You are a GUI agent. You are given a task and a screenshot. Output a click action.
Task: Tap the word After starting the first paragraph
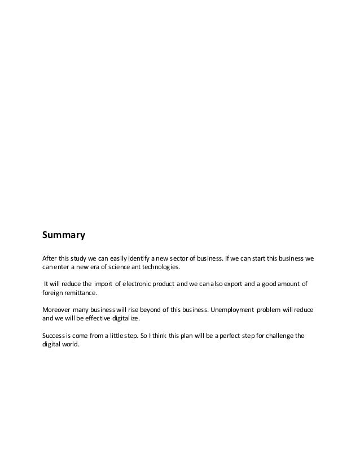50,258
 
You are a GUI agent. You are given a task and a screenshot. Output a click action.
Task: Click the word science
114,267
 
